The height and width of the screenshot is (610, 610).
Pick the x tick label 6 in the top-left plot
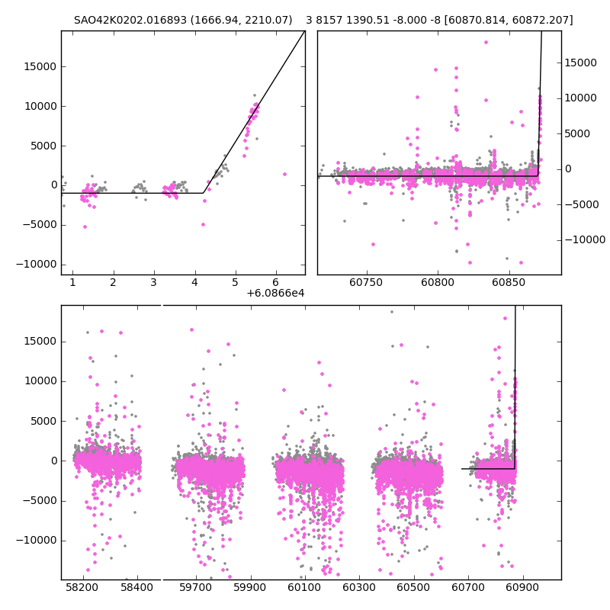(x=275, y=283)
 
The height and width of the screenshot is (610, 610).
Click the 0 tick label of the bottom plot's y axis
(x=53, y=461)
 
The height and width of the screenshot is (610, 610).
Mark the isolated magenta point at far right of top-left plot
(x=284, y=174)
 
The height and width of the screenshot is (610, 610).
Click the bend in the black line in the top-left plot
(x=204, y=193)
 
